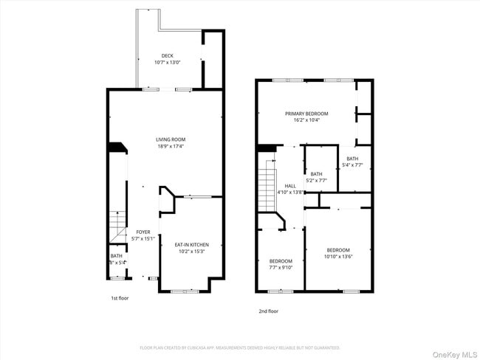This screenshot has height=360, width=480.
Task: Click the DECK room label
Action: point(169,55)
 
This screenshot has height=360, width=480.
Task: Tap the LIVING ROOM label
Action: point(170,139)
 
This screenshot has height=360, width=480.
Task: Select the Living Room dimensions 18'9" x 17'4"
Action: point(170,146)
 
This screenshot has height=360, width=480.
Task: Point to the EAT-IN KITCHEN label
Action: point(191,244)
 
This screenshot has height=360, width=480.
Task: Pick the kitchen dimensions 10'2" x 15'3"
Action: point(191,252)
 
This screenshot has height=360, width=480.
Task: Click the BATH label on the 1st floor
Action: point(117,255)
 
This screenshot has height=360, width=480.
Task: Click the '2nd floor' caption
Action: point(268,311)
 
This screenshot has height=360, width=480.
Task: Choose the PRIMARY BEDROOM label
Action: point(306,114)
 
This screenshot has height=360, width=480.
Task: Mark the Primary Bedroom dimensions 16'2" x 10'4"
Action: point(306,120)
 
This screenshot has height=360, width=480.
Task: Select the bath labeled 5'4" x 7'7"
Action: point(352,162)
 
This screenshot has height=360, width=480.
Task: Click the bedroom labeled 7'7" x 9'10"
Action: point(281,264)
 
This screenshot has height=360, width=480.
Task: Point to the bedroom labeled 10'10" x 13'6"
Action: point(338,253)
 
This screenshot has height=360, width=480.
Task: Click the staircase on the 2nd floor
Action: point(267,188)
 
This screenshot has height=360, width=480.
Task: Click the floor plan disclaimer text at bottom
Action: point(239,347)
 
